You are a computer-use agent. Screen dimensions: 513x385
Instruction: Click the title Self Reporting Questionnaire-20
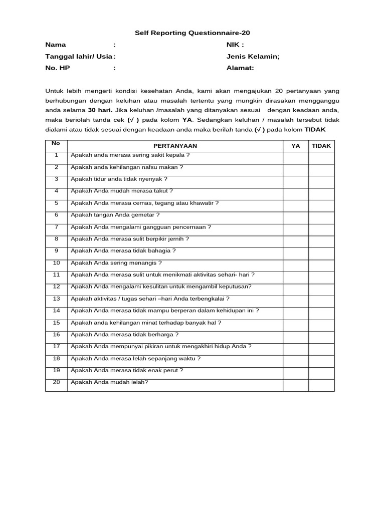point(192,33)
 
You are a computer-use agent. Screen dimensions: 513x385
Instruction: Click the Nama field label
point(56,45)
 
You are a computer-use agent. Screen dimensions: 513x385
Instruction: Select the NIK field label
point(235,45)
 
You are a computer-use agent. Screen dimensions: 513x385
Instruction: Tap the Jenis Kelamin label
point(253,57)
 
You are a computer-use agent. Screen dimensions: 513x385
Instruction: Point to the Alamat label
point(240,68)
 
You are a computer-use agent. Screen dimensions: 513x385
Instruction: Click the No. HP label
point(58,68)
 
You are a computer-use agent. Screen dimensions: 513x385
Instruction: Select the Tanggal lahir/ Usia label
point(79,57)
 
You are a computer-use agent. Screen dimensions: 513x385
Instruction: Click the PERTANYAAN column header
point(175,146)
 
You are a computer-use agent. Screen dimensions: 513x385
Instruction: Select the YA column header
point(295,146)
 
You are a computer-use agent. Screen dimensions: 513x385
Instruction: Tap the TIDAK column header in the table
point(321,146)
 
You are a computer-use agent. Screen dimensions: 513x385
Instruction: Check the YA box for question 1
point(295,158)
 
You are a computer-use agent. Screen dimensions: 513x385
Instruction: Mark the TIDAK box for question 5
point(321,205)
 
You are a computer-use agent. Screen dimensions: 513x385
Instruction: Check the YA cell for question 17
point(295,349)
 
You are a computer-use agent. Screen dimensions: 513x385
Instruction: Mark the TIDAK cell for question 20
point(321,385)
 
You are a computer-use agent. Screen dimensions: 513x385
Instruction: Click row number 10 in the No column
point(57,263)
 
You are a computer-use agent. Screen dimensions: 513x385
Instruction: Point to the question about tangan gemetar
point(115,215)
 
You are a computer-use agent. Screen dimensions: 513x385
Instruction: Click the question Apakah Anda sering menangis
point(116,263)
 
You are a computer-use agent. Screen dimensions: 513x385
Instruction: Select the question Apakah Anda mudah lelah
point(110,382)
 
